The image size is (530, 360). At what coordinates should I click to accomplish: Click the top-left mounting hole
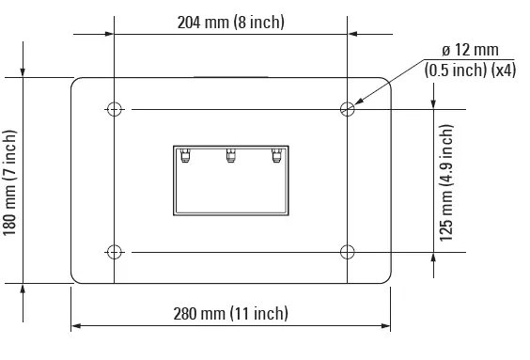(114, 109)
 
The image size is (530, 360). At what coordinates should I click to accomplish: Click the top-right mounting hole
(348, 109)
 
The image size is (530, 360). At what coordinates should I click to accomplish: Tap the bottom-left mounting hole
(114, 251)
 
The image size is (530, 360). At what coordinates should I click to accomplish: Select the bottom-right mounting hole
(348, 251)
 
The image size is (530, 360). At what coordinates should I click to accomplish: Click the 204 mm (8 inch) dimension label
(230, 22)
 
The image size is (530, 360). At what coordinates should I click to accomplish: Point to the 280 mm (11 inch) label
(230, 313)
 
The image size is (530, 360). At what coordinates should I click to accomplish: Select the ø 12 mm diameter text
(470, 50)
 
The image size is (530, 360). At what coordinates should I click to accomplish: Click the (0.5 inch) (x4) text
(470, 70)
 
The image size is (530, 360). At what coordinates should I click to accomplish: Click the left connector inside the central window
(185, 156)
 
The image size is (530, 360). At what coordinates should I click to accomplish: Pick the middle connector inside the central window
(230, 156)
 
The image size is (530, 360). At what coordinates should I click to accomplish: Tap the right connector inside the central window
(275, 156)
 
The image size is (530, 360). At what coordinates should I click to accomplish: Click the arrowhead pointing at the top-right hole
(358, 102)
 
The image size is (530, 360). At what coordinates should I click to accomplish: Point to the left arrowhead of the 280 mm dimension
(76, 326)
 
